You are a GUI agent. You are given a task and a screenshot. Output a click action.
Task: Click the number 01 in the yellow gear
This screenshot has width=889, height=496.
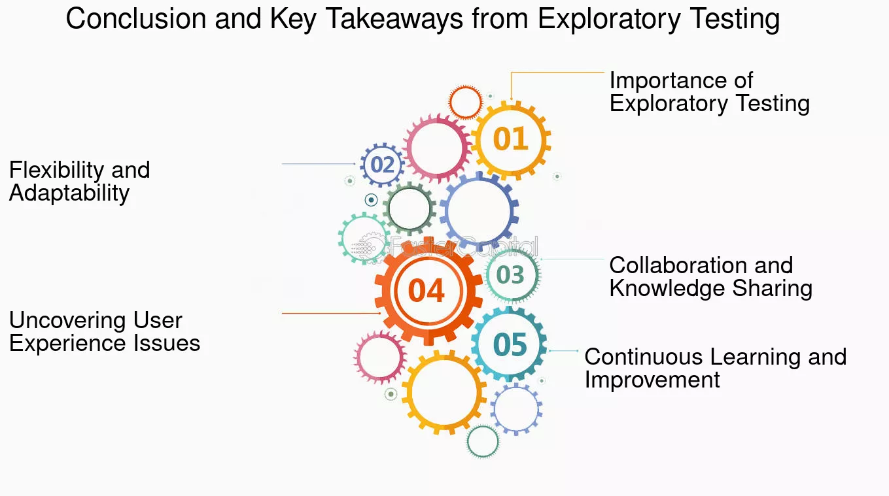[510, 139]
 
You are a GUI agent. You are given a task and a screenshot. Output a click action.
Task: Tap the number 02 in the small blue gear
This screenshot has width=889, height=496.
[382, 165]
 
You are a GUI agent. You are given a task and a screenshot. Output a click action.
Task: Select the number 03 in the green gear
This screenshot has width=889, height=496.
[510, 274]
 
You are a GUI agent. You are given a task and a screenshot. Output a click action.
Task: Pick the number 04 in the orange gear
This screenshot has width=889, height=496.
[426, 291]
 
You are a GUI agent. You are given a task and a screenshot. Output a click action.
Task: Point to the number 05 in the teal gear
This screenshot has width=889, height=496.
[510, 344]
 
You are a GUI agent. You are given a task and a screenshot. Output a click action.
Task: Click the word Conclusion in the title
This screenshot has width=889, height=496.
[135, 19]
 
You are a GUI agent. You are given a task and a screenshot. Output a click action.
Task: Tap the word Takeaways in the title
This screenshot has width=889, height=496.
[394, 20]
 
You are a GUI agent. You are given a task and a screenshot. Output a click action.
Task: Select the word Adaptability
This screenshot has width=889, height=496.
[69, 193]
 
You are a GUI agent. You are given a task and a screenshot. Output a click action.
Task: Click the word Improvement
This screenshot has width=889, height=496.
[652, 380]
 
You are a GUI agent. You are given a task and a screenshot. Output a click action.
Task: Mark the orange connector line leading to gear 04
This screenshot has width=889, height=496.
[331, 313]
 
